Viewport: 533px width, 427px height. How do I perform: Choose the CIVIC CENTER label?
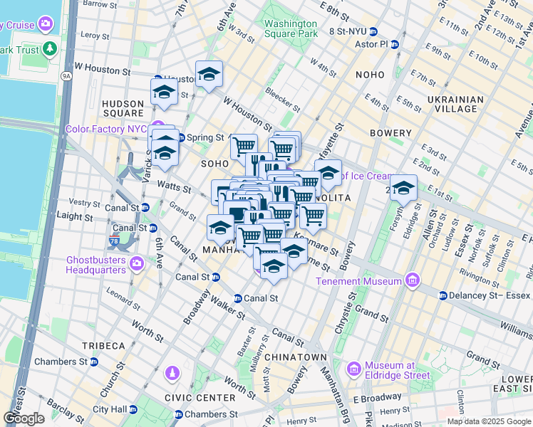[200, 398]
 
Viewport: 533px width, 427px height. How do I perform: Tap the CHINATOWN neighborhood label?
[295, 357]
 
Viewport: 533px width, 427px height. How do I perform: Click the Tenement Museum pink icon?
[411, 281]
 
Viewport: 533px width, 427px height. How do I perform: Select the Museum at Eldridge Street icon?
[354, 369]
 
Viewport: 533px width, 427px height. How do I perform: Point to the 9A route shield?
[67, 75]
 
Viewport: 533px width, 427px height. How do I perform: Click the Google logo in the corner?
[24, 418]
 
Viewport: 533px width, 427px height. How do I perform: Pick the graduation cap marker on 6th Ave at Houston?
[209, 75]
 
